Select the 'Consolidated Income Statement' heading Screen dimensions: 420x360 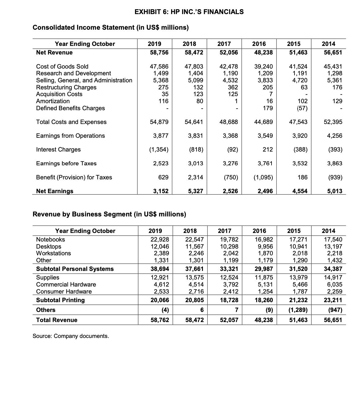point(111,28)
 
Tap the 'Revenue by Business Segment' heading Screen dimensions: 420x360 point(109,214)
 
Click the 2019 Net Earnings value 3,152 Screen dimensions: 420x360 point(161,191)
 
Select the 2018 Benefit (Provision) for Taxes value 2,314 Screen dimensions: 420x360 point(195,177)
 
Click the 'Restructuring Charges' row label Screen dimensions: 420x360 point(66,87)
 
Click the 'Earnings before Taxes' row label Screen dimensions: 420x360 point(66,163)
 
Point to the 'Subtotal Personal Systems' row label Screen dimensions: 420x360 point(75,269)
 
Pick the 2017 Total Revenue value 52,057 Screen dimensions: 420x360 point(229,320)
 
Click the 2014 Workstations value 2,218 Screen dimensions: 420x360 point(335,253)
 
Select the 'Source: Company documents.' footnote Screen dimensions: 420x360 point(71,336)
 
